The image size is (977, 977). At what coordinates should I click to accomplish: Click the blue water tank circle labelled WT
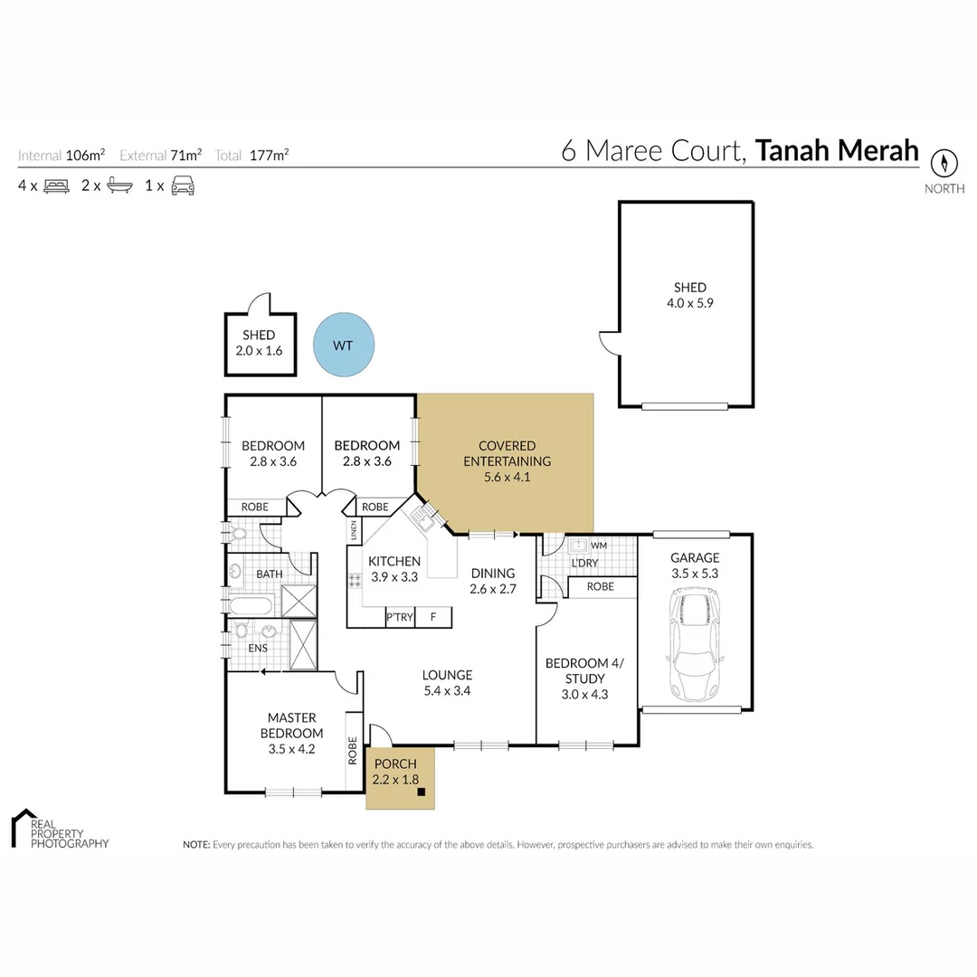point(344,345)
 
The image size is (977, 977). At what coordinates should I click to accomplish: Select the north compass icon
point(944,164)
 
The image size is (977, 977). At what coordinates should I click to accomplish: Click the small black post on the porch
point(422,792)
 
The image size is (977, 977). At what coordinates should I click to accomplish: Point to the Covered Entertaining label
point(507,460)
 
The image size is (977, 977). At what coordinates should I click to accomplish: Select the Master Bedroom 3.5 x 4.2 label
point(291,733)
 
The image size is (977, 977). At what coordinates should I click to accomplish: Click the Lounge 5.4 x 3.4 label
point(447,682)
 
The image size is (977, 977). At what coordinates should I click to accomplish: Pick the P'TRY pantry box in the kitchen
point(400,617)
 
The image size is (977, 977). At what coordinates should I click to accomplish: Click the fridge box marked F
point(433,617)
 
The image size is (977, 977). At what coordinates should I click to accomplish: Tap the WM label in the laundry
point(598,545)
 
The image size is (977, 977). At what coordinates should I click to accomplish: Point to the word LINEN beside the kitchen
point(354,530)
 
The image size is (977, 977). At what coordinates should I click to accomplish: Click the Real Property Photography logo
point(58,829)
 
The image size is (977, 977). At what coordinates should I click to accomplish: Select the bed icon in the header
point(56,185)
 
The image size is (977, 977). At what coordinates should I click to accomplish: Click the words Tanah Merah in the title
point(837,150)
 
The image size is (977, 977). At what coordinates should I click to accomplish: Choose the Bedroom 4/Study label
point(584,678)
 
